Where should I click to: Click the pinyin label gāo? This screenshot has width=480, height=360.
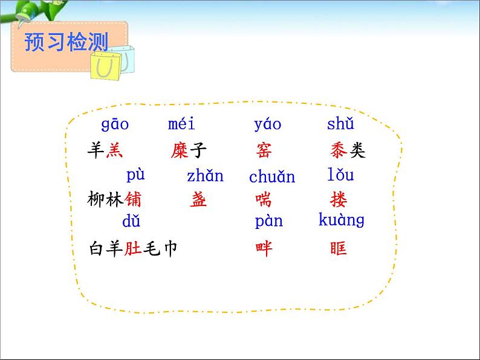(115, 124)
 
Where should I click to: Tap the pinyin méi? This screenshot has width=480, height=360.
(181, 124)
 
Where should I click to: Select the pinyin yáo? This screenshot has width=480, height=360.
(267, 124)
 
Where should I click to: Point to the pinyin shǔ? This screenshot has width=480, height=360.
(340, 124)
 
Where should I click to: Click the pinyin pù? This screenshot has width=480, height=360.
(135, 175)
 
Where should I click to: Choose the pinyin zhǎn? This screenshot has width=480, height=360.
(205, 176)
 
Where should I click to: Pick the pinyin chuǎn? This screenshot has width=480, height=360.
(272, 177)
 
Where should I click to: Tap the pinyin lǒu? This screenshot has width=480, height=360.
(340, 175)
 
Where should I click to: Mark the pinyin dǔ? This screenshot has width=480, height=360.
(131, 221)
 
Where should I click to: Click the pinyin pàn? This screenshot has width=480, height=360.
(268, 221)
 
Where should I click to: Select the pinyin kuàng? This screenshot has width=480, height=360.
(342, 220)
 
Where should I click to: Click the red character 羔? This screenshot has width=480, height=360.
(114, 150)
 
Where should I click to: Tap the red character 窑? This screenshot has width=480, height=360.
(264, 150)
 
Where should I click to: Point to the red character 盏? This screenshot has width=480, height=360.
(198, 199)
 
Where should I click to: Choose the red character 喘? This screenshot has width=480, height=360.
(264, 199)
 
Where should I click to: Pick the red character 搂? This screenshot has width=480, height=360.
(339, 199)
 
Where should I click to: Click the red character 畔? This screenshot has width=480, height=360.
(264, 248)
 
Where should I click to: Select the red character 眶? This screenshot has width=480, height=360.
(339, 248)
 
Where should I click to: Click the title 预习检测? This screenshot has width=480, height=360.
(66, 42)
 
